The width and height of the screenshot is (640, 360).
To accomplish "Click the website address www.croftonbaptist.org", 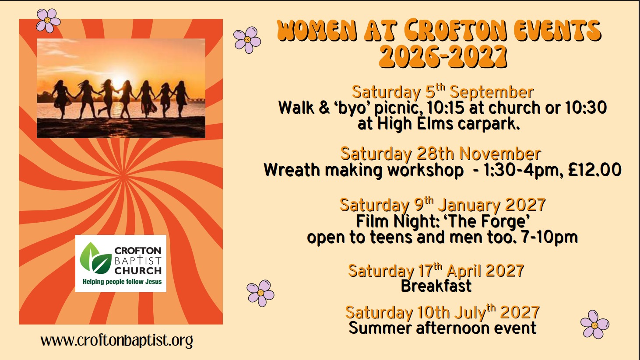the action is (x=116, y=341).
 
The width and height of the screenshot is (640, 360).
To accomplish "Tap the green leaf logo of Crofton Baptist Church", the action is (x=96, y=258).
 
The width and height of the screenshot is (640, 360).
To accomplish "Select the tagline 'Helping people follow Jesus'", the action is (x=122, y=282).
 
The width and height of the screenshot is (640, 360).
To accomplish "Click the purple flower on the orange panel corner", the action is (x=48, y=20).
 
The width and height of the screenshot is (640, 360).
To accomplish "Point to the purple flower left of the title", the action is (x=247, y=40).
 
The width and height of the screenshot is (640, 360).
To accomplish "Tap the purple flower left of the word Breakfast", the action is (x=260, y=293).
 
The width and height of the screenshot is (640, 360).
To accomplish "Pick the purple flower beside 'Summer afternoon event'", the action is (x=595, y=325).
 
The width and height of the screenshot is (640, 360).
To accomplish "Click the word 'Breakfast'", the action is (x=436, y=286).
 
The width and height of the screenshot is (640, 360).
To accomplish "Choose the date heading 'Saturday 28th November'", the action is (x=440, y=154).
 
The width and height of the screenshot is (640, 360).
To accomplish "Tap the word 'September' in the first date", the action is (x=492, y=93).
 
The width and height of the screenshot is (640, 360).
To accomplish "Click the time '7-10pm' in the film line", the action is (x=549, y=238).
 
